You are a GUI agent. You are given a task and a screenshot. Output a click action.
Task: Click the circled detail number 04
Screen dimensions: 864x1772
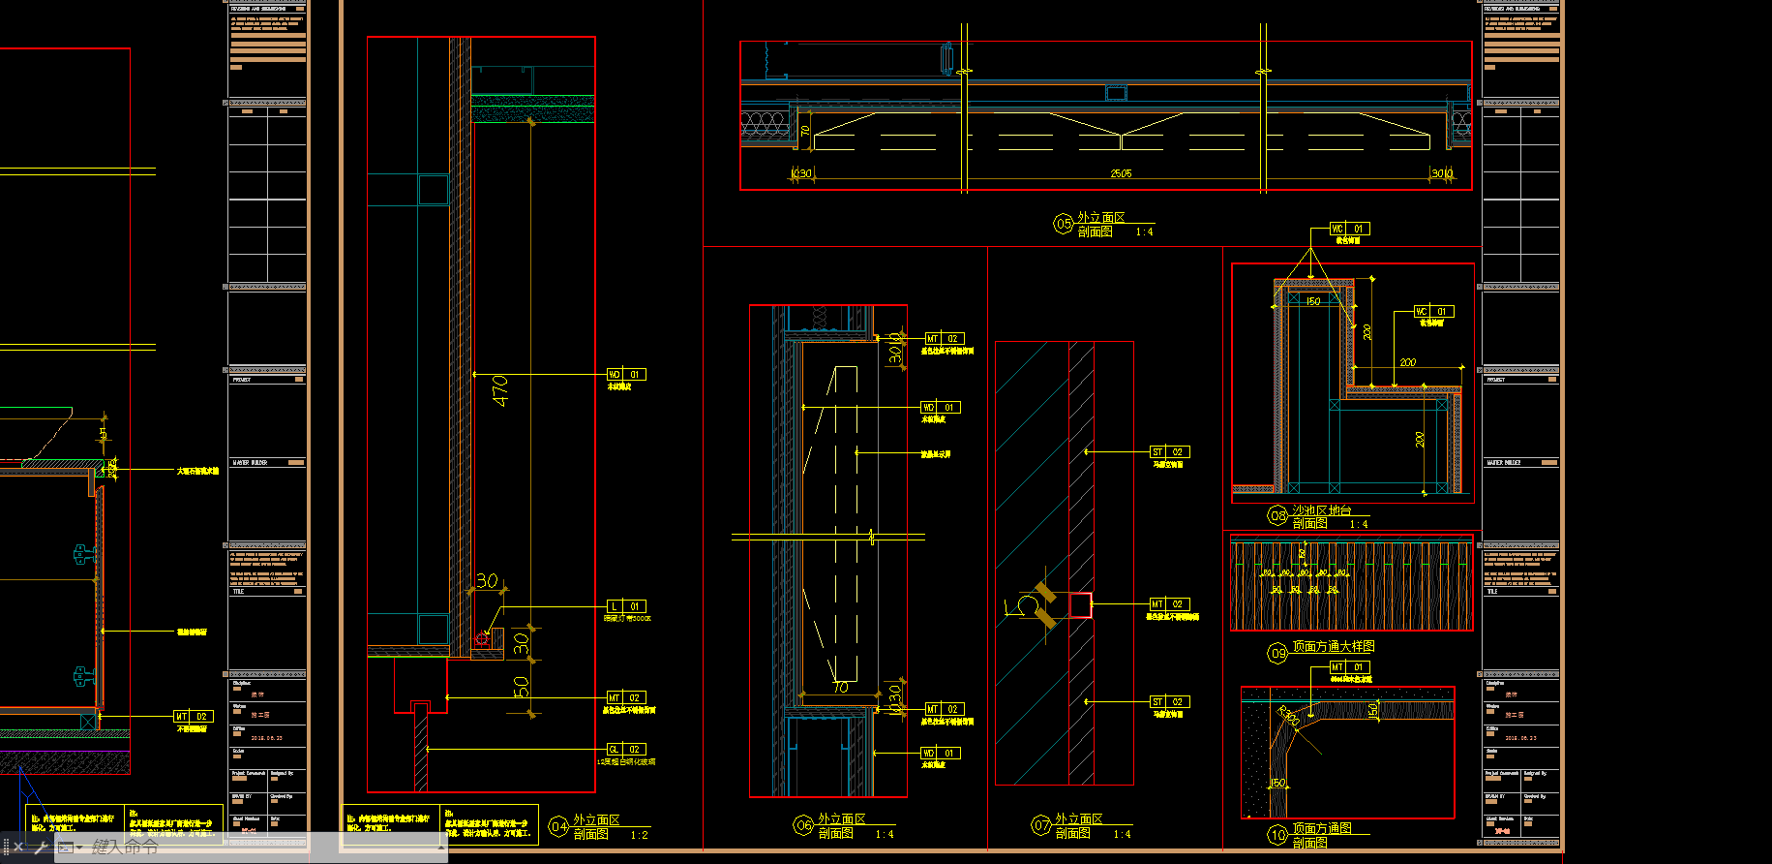point(558,826)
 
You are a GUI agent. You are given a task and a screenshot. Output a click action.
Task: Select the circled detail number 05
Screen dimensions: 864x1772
point(1064,224)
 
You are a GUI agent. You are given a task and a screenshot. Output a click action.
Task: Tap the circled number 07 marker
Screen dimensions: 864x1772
point(1041,825)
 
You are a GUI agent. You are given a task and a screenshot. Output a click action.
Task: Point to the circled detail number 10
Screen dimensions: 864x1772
point(1277,834)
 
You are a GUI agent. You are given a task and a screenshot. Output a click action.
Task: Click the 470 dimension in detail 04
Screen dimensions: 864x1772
point(499,390)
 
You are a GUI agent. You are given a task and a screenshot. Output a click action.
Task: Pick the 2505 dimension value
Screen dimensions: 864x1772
point(1121,173)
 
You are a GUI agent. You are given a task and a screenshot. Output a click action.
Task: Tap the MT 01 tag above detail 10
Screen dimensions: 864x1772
point(1348,667)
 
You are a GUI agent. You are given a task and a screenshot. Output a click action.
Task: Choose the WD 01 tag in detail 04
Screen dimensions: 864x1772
point(625,374)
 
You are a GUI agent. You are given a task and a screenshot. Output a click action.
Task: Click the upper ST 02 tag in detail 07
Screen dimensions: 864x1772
point(1168,451)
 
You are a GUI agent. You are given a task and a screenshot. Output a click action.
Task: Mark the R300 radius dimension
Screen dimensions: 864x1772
point(1289,717)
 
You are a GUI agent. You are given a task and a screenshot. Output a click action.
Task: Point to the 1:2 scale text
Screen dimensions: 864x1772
point(639,835)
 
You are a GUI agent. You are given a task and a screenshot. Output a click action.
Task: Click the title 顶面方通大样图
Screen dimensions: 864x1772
point(1333,646)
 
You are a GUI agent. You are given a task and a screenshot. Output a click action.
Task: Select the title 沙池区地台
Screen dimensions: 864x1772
point(1321,510)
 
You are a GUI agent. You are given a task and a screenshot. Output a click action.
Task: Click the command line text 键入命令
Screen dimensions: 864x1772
point(125,847)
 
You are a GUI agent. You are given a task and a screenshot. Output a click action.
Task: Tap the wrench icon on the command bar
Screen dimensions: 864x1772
point(41,848)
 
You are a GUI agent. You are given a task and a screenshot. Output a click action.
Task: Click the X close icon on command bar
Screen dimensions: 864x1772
point(18,848)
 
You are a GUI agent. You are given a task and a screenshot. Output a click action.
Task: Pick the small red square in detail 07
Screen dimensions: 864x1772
point(1080,605)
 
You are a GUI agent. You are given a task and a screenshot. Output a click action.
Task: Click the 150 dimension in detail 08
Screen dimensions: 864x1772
point(1313,301)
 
